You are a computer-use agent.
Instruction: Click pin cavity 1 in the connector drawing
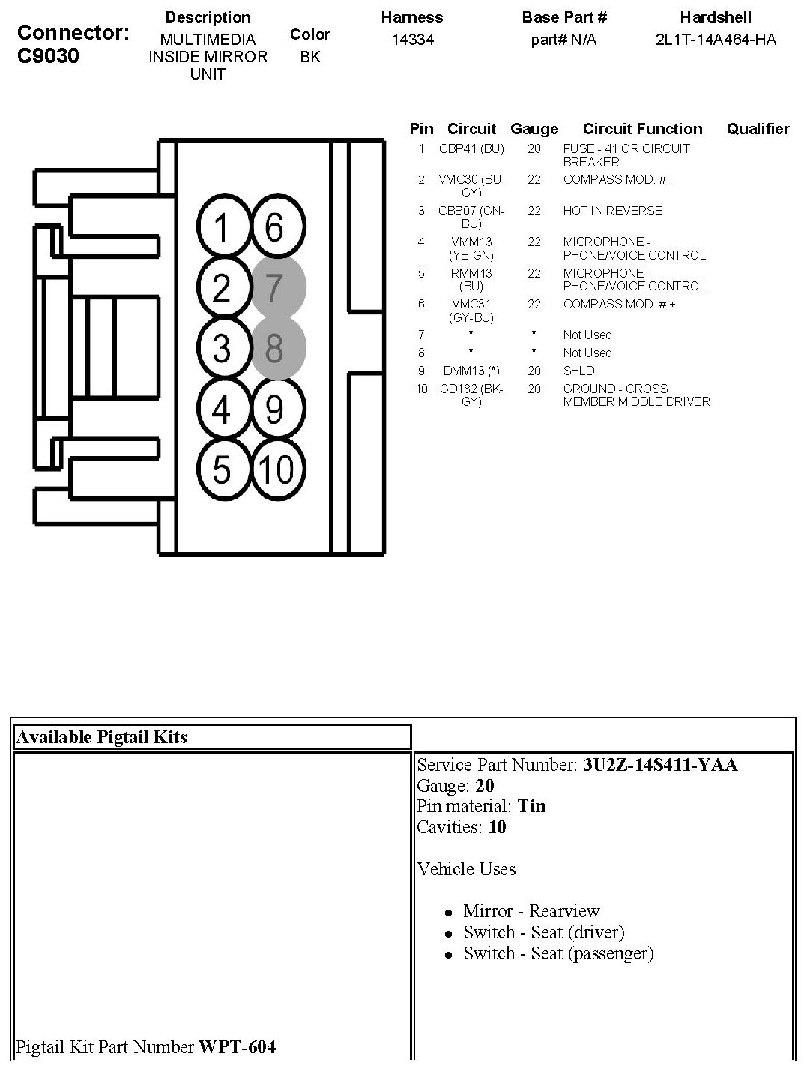point(221,226)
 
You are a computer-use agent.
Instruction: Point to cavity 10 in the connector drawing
point(277,470)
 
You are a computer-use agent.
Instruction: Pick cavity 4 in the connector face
point(221,409)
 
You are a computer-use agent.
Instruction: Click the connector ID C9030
point(48,56)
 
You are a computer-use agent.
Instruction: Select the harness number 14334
point(412,40)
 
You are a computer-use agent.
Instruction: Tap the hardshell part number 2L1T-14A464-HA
point(716,40)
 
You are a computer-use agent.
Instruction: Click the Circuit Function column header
point(642,129)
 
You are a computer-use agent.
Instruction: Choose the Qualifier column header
point(758,129)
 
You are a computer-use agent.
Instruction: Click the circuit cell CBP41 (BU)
point(471,149)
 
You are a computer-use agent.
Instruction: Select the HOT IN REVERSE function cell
point(612,211)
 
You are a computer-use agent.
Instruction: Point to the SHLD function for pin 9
point(578,370)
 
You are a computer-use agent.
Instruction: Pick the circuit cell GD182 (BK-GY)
point(471,394)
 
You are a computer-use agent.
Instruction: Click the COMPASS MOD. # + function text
point(619,304)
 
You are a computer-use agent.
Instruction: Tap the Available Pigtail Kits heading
point(101,737)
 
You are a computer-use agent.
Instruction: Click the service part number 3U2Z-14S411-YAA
point(660,765)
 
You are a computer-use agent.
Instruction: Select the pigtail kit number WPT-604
point(237,1046)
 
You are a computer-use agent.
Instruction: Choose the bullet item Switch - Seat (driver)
point(543,932)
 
